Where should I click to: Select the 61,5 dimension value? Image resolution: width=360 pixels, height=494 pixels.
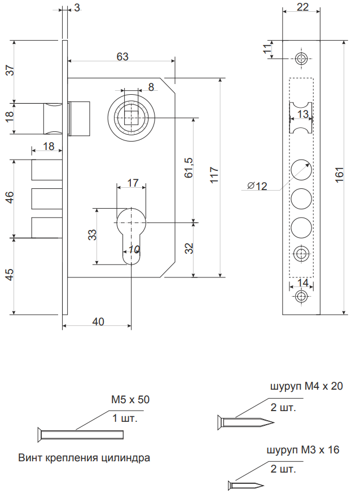[188, 168]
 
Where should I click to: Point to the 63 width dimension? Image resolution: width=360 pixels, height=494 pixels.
[122, 56]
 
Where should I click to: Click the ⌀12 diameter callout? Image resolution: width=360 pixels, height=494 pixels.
[257, 186]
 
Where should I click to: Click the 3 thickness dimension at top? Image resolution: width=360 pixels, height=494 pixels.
[76, 8]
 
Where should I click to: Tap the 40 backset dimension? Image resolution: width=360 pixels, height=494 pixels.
[98, 321]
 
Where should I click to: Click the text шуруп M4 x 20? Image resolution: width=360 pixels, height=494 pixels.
[306, 386]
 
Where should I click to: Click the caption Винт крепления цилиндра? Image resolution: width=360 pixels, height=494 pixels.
[85, 457]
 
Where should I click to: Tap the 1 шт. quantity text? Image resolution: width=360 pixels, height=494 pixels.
[125, 418]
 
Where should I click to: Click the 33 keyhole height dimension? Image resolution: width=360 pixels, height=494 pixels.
[92, 235]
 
